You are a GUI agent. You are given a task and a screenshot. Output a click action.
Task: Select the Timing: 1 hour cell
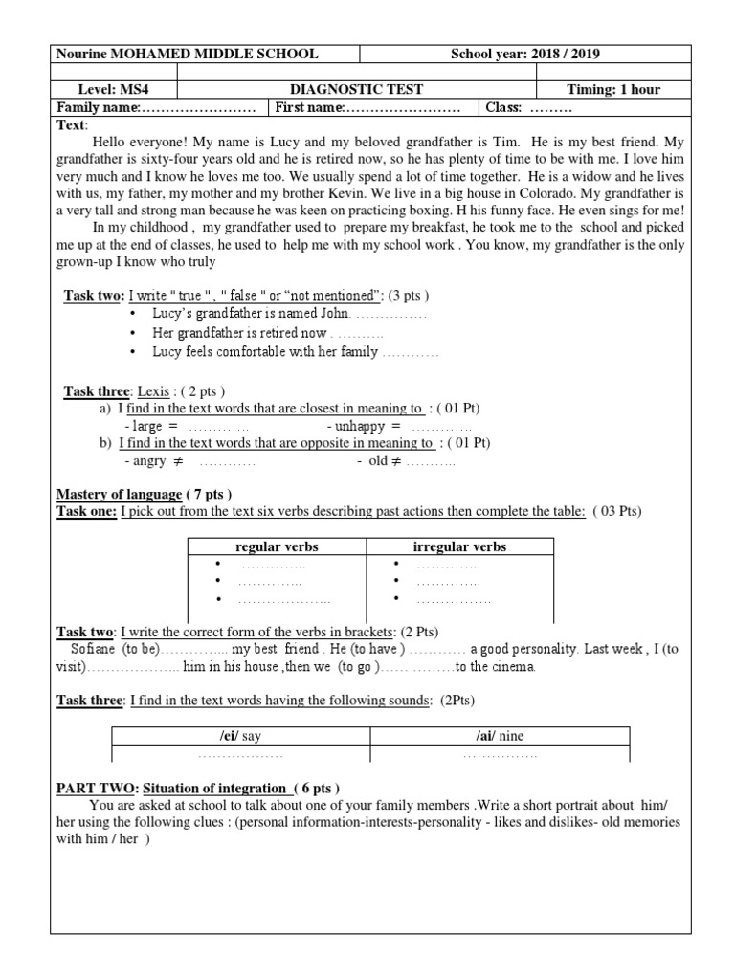click(x=613, y=89)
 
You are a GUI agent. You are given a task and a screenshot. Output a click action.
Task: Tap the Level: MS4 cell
click(x=116, y=89)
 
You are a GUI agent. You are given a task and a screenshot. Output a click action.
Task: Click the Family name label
click(x=100, y=106)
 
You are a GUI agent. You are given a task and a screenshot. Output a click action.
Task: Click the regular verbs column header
click(x=277, y=546)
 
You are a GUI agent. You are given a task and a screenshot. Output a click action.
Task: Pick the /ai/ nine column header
click(x=500, y=736)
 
